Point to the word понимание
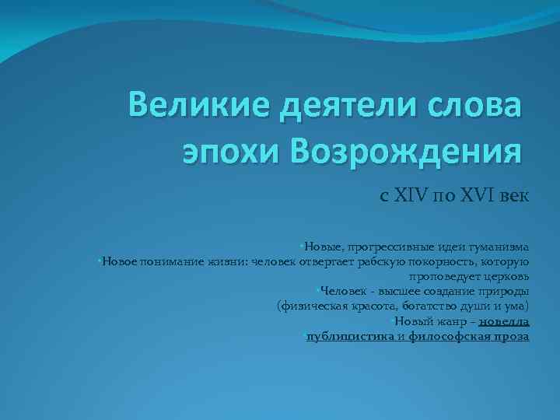tap(171, 261)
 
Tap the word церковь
tap(506, 275)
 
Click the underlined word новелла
tap(505, 321)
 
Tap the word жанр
tap(449, 321)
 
